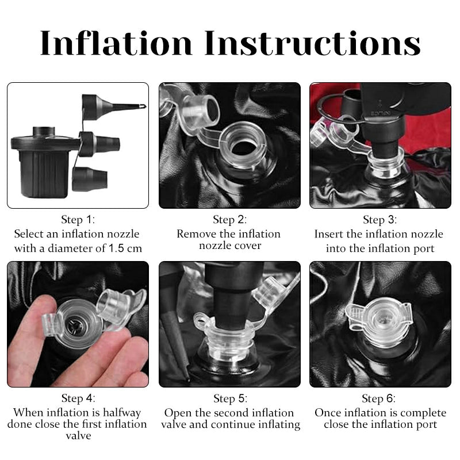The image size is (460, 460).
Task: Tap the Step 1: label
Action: click(78, 220)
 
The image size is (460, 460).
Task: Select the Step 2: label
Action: click(229, 220)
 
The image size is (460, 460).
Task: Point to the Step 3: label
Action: click(380, 220)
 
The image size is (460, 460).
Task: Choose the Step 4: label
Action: click(78, 398)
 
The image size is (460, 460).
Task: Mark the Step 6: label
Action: click(378, 398)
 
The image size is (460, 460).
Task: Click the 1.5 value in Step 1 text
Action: click(116, 248)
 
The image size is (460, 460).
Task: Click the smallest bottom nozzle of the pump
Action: click(90, 179)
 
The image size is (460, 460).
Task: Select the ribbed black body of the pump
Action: click(44, 173)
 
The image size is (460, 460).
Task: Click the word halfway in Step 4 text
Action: click(122, 412)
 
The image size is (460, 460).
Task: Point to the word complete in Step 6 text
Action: click(423, 413)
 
